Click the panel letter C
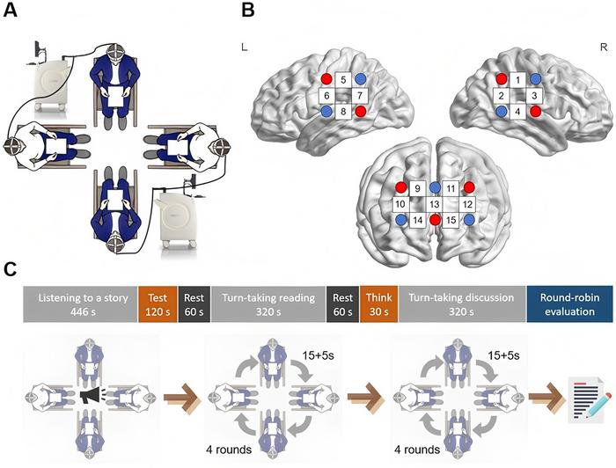coord(11,263)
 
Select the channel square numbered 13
coord(435,204)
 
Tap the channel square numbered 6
coord(326,95)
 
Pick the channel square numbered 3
coord(535,95)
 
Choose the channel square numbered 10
coord(400,204)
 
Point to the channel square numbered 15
coord(451,220)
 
